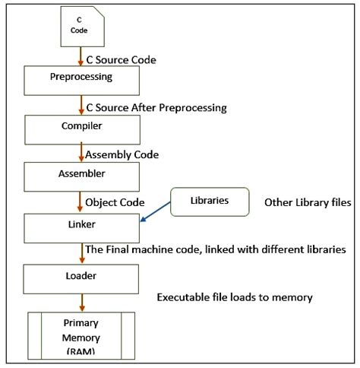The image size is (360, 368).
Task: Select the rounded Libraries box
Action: click(x=209, y=201)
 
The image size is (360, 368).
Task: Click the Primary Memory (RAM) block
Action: click(x=81, y=333)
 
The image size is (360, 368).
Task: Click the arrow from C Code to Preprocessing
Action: click(x=80, y=55)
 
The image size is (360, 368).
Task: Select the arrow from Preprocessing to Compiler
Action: click(x=80, y=103)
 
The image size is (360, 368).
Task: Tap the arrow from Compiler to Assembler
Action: click(x=80, y=153)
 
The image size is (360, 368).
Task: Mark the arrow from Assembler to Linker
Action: click(x=80, y=202)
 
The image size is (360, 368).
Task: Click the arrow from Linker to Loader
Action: click(x=80, y=252)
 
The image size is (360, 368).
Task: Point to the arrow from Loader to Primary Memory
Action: click(x=80, y=302)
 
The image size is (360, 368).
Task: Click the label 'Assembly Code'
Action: click(x=122, y=154)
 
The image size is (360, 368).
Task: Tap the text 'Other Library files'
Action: click(x=308, y=203)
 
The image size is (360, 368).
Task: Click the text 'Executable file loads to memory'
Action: click(x=234, y=297)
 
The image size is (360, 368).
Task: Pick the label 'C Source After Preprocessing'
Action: click(x=156, y=108)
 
